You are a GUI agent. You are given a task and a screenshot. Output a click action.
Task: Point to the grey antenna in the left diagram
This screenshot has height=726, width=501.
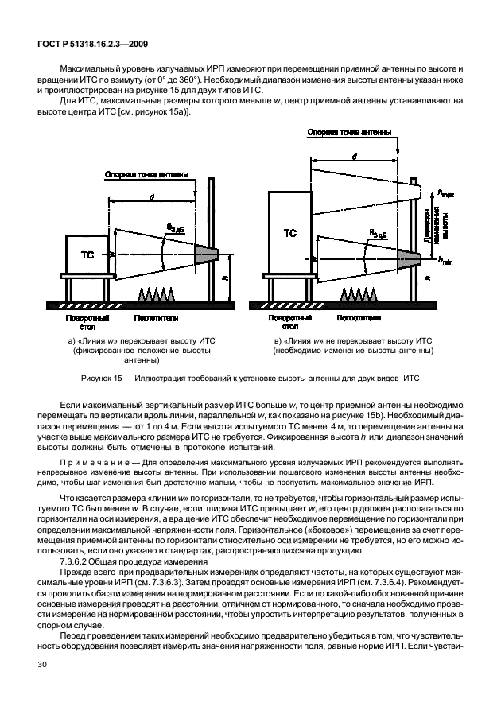click(x=207, y=253)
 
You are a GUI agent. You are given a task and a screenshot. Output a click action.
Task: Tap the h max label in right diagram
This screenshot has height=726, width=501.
click(x=445, y=192)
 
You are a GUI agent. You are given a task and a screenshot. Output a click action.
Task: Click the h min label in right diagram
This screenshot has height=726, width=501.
click(x=445, y=260)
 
